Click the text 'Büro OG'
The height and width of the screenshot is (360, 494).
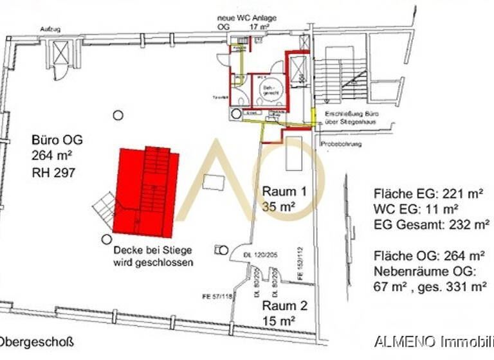click(x=57, y=140)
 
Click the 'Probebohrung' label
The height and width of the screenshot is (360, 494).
click(x=341, y=144)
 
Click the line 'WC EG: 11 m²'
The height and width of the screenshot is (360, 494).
click(x=416, y=209)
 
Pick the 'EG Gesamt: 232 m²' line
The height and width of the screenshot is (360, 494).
click(x=431, y=224)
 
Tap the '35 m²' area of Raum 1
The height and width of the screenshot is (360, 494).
click(x=279, y=206)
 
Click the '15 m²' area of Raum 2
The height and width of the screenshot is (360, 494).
click(x=278, y=320)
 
